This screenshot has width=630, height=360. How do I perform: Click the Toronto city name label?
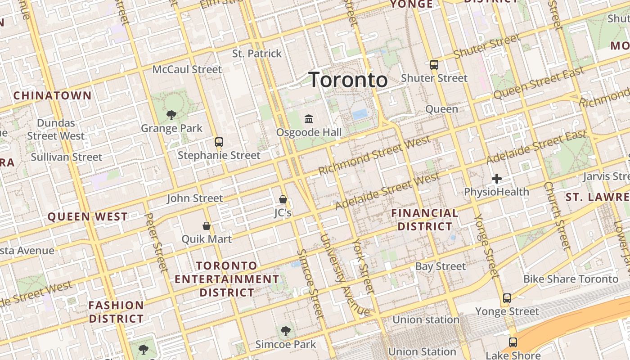point(348,80)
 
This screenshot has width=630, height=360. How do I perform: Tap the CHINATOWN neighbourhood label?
point(52,95)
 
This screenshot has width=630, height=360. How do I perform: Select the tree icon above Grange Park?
point(171,115)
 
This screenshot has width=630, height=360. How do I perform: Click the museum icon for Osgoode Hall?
point(309,119)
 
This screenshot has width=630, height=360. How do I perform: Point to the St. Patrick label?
point(257,54)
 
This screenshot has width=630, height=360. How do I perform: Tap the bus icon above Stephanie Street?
point(219,142)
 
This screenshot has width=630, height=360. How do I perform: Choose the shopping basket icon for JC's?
point(283,199)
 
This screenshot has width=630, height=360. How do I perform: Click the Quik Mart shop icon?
point(207,225)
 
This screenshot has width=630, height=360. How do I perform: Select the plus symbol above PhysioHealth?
point(497,179)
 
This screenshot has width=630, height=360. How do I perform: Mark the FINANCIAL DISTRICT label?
point(425,220)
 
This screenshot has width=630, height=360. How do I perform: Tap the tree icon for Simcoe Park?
point(285,332)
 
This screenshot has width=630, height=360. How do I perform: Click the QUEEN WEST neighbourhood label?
point(88,217)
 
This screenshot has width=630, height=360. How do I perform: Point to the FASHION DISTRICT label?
point(116,312)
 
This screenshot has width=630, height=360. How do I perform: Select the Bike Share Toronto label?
point(571,279)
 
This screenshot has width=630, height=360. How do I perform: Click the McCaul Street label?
point(187,69)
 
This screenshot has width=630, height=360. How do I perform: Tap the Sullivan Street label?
point(67,157)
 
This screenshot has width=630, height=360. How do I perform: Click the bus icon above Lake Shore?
point(513,342)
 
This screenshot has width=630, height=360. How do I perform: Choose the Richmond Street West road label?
point(374,156)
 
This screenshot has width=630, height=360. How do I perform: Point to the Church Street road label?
point(557,216)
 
